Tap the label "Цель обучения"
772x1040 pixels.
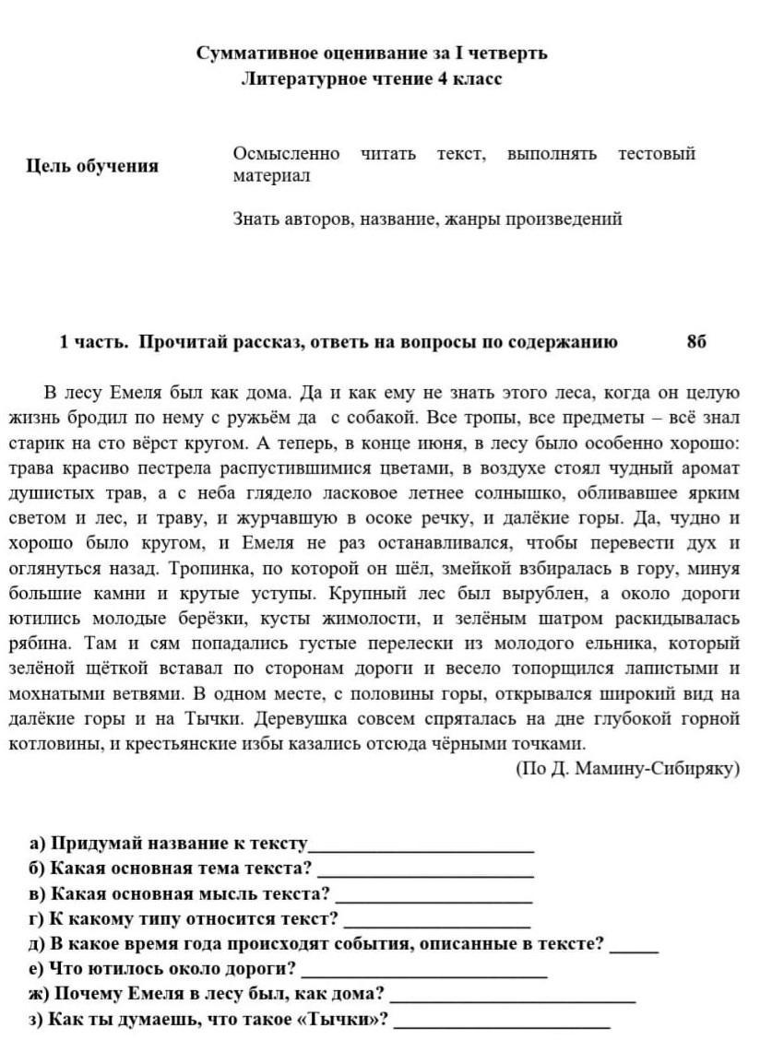[92, 166]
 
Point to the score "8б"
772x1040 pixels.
[696, 342]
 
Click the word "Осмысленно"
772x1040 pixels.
[286, 153]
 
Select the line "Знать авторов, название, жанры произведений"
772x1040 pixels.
[427, 219]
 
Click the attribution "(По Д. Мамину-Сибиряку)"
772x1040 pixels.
[627, 767]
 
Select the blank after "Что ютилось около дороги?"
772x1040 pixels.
[424, 971]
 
